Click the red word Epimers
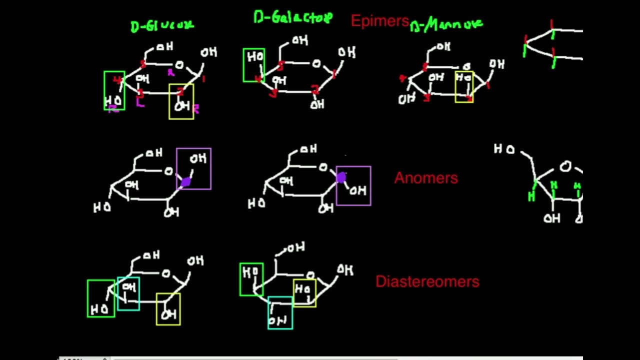tap(380, 21)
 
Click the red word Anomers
tap(426, 178)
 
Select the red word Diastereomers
tap(427, 281)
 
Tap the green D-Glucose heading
tap(162, 26)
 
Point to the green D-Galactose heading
tap(293, 18)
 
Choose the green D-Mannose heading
tap(447, 24)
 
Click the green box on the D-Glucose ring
tap(114, 90)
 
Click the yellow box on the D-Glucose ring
tap(181, 101)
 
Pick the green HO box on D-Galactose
tap(253, 65)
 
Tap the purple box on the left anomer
tap(194, 168)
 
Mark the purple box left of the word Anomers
tap(354, 185)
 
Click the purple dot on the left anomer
tap(185, 182)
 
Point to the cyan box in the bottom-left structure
tap(128, 293)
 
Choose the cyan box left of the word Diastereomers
tap(280, 313)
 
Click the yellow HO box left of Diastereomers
tap(304, 293)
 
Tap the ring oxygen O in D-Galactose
tap(316, 63)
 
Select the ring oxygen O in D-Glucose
tap(179, 64)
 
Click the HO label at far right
tap(504, 149)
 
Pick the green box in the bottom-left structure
tap(101, 298)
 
